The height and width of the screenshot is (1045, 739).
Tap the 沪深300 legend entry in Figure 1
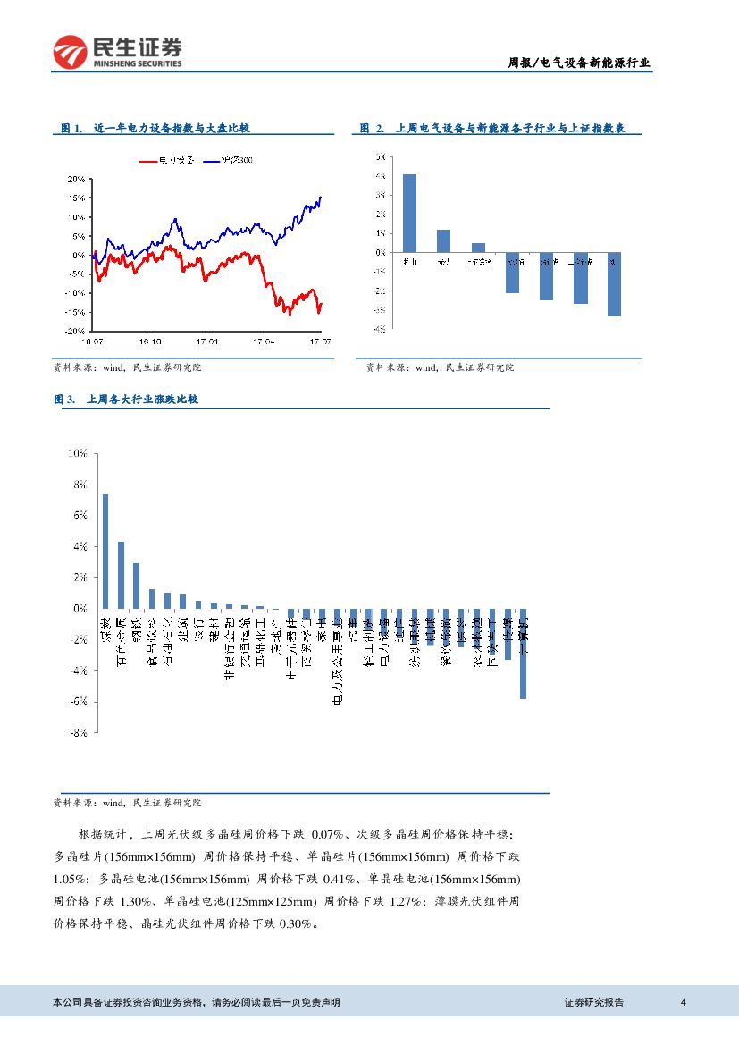click(x=233, y=161)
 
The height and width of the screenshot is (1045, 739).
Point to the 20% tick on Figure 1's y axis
click(x=76, y=179)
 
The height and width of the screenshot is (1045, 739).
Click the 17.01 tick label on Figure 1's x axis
click(x=207, y=341)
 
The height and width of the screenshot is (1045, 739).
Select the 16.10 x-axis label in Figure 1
click(x=149, y=341)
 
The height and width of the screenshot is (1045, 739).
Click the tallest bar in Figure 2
click(x=409, y=213)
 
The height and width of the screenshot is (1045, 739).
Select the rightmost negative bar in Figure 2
click(x=614, y=284)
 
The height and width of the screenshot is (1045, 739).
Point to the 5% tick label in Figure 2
click(x=381, y=156)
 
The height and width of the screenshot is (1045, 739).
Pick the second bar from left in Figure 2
click(x=443, y=240)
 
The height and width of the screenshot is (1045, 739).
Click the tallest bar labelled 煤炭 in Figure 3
click(x=105, y=551)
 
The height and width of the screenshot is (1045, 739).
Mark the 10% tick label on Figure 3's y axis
click(x=78, y=453)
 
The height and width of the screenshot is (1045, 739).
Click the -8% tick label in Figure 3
click(x=78, y=732)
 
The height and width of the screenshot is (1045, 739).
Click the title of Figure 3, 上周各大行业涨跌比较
click(x=141, y=400)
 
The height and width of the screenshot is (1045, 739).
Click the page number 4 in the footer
click(x=683, y=1002)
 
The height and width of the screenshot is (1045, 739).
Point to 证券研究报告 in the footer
click(x=594, y=1002)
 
